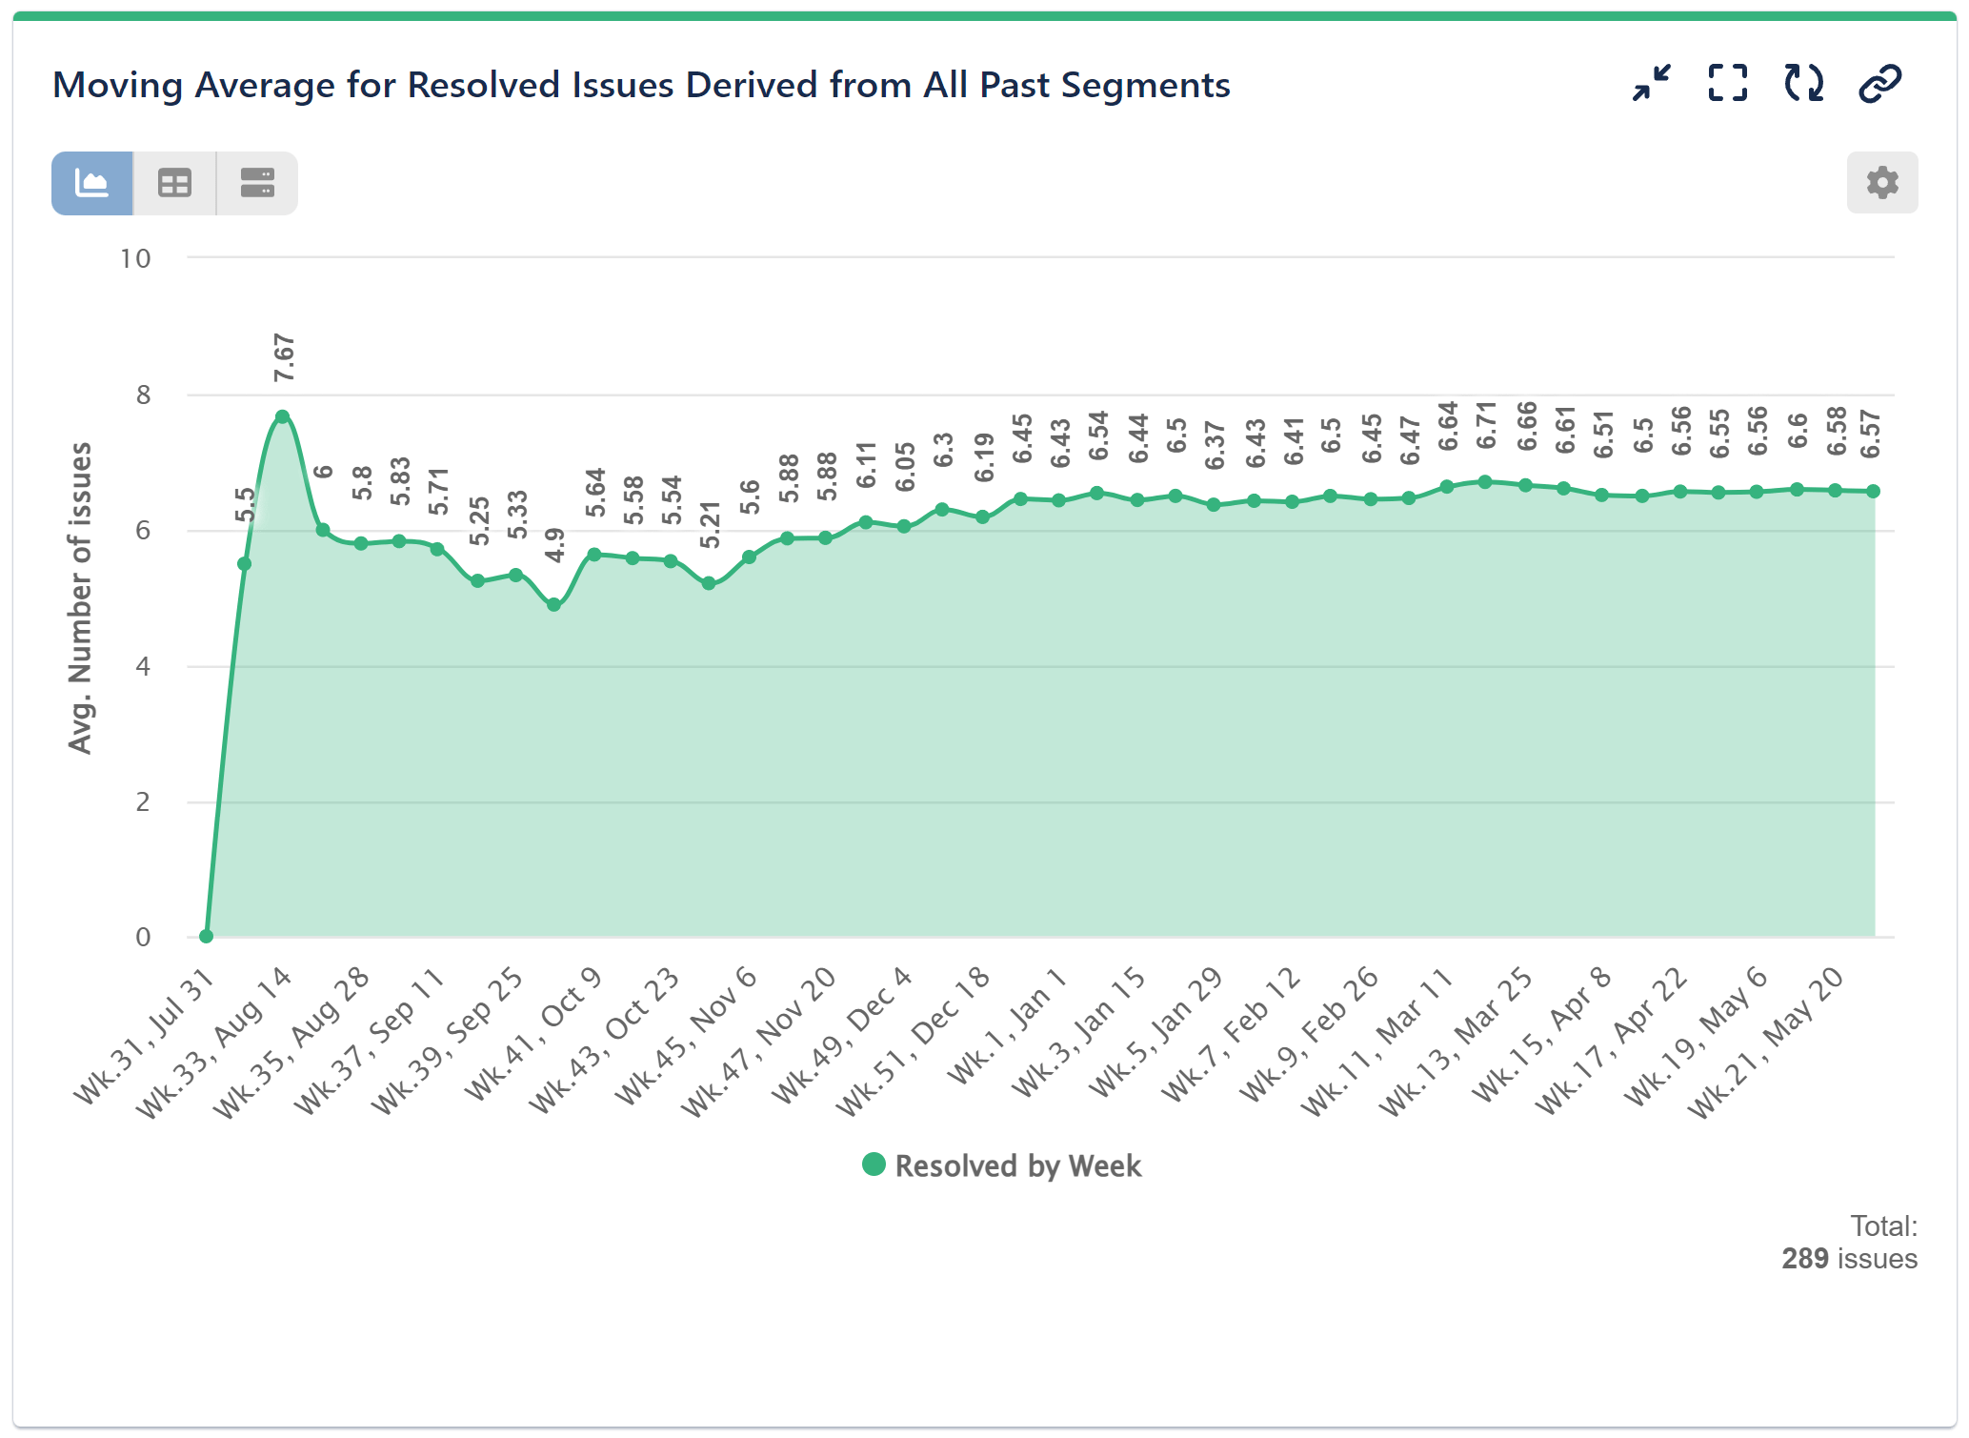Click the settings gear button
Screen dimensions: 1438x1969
[x=1881, y=182]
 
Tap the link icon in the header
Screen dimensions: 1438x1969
[x=1879, y=84]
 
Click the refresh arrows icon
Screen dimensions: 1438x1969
[x=1803, y=84]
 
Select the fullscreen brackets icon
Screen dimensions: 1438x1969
[x=1727, y=84]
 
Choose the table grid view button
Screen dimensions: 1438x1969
[x=174, y=183]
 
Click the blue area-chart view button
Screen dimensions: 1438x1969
[x=92, y=183]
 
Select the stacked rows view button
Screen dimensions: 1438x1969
[x=257, y=183]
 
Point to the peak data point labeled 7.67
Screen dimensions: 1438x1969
[x=283, y=417]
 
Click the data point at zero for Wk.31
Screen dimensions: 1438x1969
[x=206, y=936]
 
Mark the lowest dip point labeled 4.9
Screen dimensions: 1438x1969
[x=554, y=604]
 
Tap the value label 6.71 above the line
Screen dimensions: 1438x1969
[x=1486, y=426]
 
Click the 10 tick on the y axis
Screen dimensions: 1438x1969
[x=135, y=258]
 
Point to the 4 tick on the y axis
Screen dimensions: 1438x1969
[x=143, y=666]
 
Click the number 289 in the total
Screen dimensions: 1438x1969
[x=1804, y=1258]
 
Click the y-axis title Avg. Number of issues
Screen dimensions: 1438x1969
[x=80, y=597]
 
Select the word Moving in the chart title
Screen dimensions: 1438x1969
[x=117, y=86]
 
